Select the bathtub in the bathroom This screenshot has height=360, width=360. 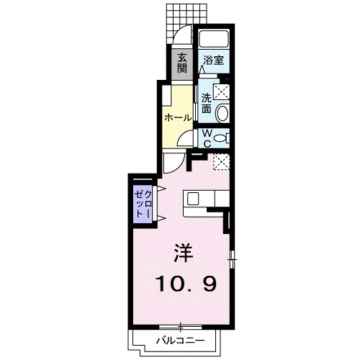212,40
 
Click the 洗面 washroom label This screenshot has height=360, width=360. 207,103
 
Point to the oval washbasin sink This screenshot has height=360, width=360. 222,112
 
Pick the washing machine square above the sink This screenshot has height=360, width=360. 221,91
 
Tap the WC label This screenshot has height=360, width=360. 206,137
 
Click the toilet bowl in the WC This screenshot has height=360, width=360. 221,137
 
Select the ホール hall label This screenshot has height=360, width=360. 178,117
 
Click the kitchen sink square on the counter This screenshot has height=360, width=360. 194,198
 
